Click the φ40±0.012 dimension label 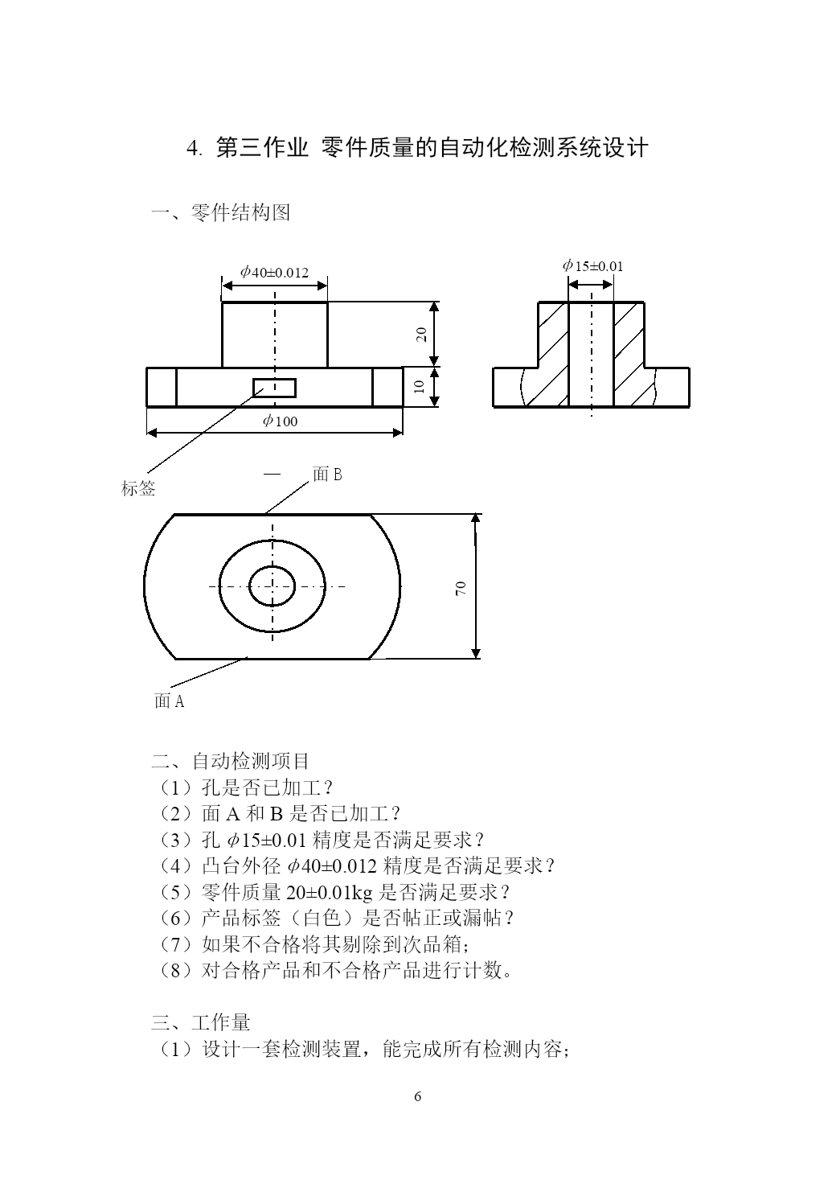[274, 272]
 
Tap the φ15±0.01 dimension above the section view [592, 265]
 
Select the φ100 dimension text [280, 421]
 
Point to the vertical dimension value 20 [421, 334]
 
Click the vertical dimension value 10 [420, 387]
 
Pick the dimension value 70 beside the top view [461, 588]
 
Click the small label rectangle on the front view [274, 388]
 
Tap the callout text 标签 [138, 488]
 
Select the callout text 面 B [327, 474]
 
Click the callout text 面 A [169, 701]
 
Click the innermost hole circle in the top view [272, 566]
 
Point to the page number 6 [418, 1096]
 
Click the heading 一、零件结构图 [220, 212]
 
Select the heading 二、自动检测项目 [230, 761]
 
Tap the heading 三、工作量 [200, 1022]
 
